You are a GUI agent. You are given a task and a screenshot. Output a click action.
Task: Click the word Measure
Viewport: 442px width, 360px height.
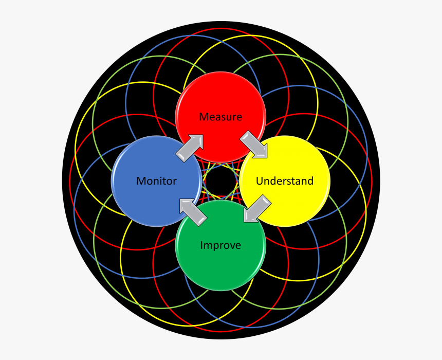[x=220, y=117]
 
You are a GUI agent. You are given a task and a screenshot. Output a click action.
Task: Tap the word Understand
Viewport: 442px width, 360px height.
[x=284, y=181]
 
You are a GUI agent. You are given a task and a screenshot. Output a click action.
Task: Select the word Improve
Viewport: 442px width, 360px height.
[x=220, y=245]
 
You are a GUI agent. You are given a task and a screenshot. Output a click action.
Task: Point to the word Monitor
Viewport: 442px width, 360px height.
[x=156, y=181]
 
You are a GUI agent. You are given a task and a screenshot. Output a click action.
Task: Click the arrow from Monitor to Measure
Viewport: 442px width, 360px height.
[x=189, y=148]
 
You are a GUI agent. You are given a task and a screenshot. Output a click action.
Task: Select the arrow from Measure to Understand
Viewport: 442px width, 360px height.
[x=254, y=144]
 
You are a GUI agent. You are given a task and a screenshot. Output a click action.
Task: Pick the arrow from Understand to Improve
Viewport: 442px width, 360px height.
[x=256, y=208]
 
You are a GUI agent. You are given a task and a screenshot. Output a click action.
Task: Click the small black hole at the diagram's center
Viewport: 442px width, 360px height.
[x=221, y=181]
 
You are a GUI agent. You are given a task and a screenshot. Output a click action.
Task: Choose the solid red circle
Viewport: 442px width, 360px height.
[x=220, y=103]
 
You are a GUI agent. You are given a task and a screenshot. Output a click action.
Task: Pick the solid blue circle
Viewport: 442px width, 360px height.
[x=149, y=198]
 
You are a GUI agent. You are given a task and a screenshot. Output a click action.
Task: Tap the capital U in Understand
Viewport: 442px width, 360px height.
[x=259, y=181]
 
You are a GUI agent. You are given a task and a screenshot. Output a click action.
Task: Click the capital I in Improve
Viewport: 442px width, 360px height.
[x=201, y=245]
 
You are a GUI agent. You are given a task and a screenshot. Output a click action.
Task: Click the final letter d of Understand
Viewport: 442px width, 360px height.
[x=310, y=181]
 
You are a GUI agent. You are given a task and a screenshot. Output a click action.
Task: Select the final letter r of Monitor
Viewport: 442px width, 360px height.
[x=175, y=182]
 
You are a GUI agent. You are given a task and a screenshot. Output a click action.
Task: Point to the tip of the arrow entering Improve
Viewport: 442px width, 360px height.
[x=245, y=221]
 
